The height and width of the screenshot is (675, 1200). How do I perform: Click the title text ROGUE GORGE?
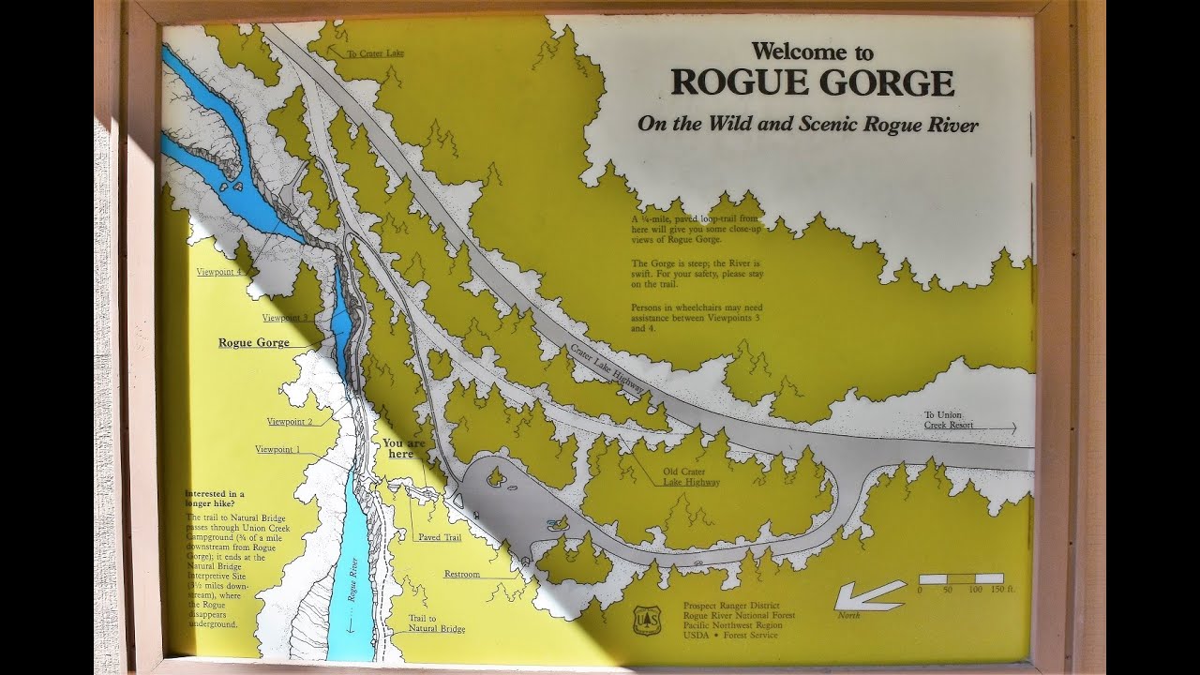(812, 83)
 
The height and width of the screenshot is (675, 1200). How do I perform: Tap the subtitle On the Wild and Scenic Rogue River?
(807, 125)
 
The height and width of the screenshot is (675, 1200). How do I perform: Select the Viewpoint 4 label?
(221, 272)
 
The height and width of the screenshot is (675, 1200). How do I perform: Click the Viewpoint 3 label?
(286, 318)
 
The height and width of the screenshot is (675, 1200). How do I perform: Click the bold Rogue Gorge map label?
(254, 343)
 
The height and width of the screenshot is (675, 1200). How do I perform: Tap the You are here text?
(404, 447)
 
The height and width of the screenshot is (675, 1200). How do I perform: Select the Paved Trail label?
(440, 537)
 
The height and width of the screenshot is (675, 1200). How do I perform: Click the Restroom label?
(462, 574)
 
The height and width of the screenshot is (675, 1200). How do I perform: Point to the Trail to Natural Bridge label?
(437, 623)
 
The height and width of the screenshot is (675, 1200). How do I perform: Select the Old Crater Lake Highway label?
(692, 476)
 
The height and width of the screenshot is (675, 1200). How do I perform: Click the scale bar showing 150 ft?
(961, 579)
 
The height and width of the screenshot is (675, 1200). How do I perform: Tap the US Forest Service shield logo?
(647, 620)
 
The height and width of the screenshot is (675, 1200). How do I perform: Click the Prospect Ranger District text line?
(731, 606)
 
